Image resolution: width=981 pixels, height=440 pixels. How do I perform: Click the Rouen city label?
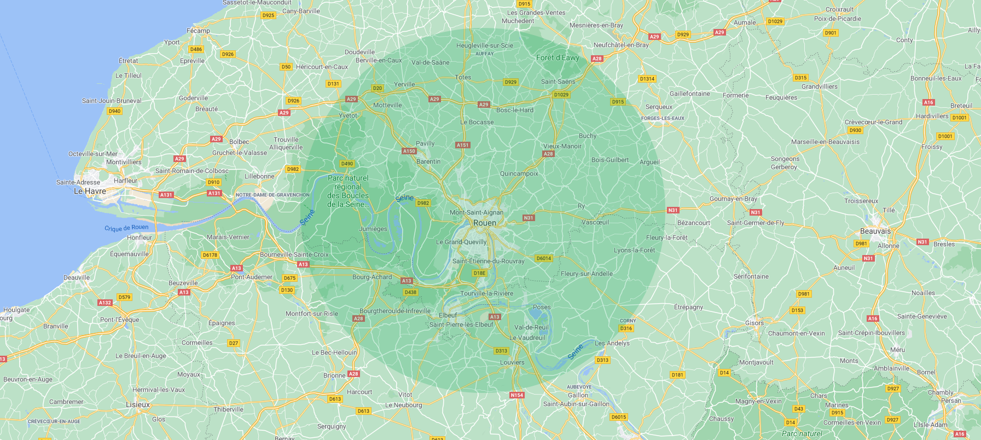(485, 223)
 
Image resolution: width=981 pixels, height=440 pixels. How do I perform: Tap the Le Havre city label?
(90, 191)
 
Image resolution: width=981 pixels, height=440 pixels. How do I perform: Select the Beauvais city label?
(875, 231)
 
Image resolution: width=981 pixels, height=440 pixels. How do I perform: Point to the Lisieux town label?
(138, 404)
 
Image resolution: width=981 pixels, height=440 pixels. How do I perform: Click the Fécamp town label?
(198, 31)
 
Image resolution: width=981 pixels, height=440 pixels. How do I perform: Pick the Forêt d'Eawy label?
(558, 57)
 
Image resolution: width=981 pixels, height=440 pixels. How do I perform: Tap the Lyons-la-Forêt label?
(634, 250)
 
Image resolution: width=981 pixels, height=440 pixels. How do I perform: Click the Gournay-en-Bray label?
(733, 199)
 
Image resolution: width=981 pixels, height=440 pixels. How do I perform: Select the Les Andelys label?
(612, 343)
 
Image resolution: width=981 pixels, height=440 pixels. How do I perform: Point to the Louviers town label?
(512, 362)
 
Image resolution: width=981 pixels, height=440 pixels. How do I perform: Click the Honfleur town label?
(140, 238)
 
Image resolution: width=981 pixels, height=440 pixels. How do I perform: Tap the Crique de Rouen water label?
(126, 228)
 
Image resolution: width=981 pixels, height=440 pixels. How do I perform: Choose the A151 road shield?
(463, 145)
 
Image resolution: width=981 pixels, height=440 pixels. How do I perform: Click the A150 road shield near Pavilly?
(409, 151)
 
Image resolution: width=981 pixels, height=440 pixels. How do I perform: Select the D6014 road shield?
(544, 258)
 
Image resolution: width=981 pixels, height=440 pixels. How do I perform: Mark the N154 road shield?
(516, 395)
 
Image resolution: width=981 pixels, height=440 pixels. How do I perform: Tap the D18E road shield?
(479, 273)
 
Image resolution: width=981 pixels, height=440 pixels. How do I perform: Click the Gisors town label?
(754, 323)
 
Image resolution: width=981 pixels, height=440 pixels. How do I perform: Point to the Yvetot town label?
(348, 115)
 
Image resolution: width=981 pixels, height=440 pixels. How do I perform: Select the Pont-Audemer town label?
(252, 277)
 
